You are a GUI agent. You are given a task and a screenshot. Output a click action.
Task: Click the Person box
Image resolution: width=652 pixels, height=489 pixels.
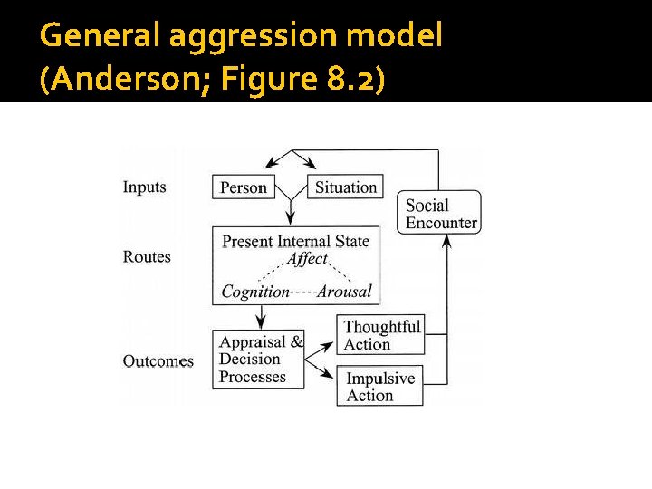pyautogui.click(x=244, y=187)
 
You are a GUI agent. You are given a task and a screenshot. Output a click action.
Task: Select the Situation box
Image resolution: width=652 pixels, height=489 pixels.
pyautogui.click(x=345, y=187)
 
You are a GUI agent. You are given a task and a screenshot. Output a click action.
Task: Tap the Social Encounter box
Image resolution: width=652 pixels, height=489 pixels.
pyautogui.click(x=441, y=214)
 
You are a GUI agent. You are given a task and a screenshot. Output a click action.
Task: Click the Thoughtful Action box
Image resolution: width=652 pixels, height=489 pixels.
pyautogui.click(x=382, y=335)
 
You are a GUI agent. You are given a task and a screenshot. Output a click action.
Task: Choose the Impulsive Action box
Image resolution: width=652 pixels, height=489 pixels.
pyautogui.click(x=380, y=387)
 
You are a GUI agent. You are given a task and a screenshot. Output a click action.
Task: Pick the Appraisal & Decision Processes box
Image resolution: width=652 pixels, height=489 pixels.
pyautogui.click(x=259, y=360)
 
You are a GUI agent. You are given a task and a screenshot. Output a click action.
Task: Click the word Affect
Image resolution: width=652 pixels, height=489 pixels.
pyautogui.click(x=307, y=259)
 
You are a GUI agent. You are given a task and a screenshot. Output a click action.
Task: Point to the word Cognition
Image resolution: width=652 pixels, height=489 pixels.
pyautogui.click(x=254, y=292)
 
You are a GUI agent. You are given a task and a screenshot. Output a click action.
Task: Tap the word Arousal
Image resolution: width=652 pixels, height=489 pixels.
pyautogui.click(x=344, y=292)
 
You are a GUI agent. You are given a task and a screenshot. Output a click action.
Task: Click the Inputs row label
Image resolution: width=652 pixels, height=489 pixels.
pyautogui.click(x=145, y=187)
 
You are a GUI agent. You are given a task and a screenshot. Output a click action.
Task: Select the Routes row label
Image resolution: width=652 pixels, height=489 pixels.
pyautogui.click(x=147, y=257)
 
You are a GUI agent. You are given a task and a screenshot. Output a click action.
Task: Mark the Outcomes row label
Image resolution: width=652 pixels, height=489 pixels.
pyautogui.click(x=158, y=361)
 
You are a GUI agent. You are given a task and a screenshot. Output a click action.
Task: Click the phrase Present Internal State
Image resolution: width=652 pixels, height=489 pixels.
pyautogui.click(x=296, y=241)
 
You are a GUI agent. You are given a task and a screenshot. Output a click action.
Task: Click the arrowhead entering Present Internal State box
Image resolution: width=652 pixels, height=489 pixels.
pyautogui.click(x=291, y=220)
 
